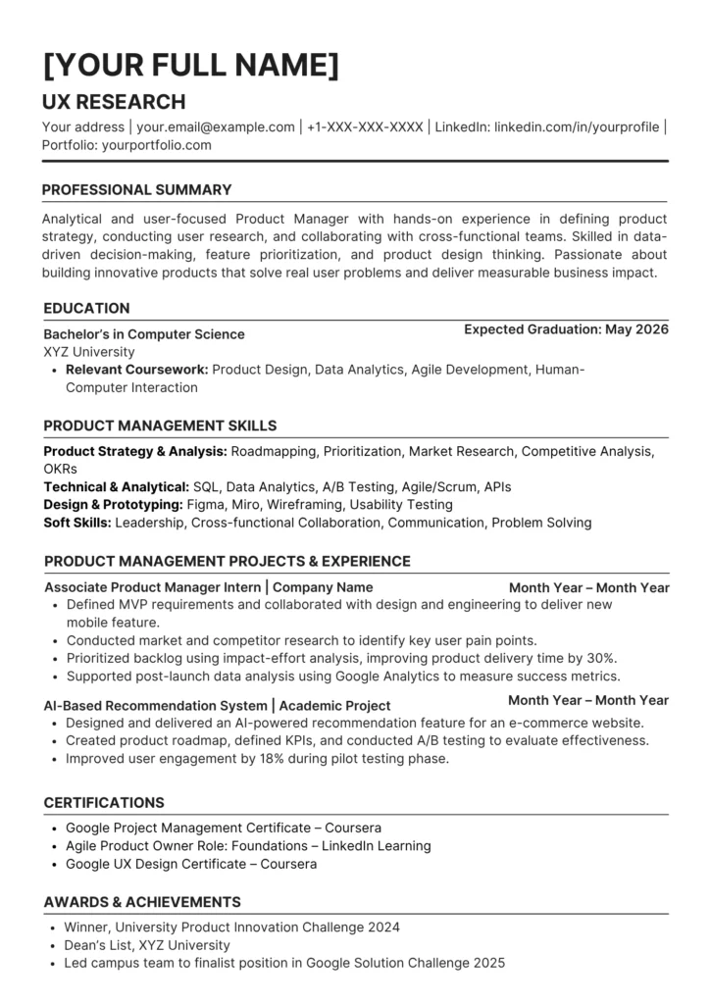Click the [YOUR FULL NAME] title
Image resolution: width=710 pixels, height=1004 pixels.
click(191, 66)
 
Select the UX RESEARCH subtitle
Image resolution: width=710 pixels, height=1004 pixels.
click(114, 102)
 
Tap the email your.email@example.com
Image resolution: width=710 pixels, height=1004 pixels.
click(216, 126)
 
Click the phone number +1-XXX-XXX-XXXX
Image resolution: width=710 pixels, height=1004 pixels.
click(365, 126)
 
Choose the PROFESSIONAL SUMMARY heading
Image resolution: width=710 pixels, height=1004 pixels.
click(137, 190)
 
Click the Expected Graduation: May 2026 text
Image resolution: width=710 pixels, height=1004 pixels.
click(566, 329)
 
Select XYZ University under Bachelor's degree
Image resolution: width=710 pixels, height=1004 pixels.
click(89, 352)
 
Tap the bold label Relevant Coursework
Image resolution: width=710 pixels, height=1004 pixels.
click(136, 370)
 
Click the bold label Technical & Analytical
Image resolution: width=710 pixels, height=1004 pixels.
click(117, 486)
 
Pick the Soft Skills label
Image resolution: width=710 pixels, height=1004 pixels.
click(77, 523)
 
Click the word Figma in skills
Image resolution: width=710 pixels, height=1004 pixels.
click(207, 504)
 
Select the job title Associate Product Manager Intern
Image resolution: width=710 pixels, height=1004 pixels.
click(153, 588)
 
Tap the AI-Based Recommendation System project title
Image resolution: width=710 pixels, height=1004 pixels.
click(155, 706)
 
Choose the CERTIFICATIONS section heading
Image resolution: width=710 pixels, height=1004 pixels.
click(104, 803)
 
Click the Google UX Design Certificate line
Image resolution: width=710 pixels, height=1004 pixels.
click(191, 864)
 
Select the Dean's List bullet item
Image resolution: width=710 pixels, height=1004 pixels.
click(147, 945)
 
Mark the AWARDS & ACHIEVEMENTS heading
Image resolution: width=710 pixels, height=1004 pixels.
click(142, 902)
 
